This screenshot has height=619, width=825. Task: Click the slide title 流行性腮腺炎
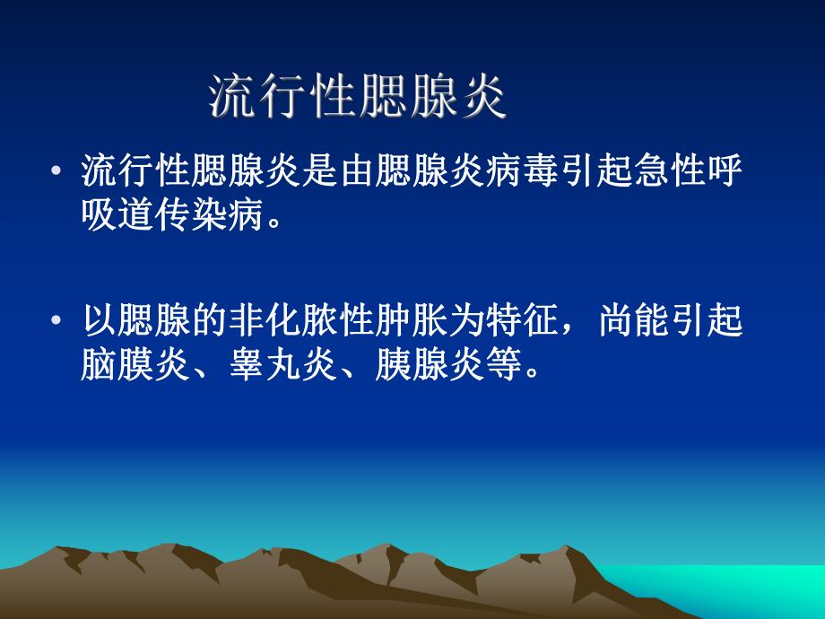(358, 98)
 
